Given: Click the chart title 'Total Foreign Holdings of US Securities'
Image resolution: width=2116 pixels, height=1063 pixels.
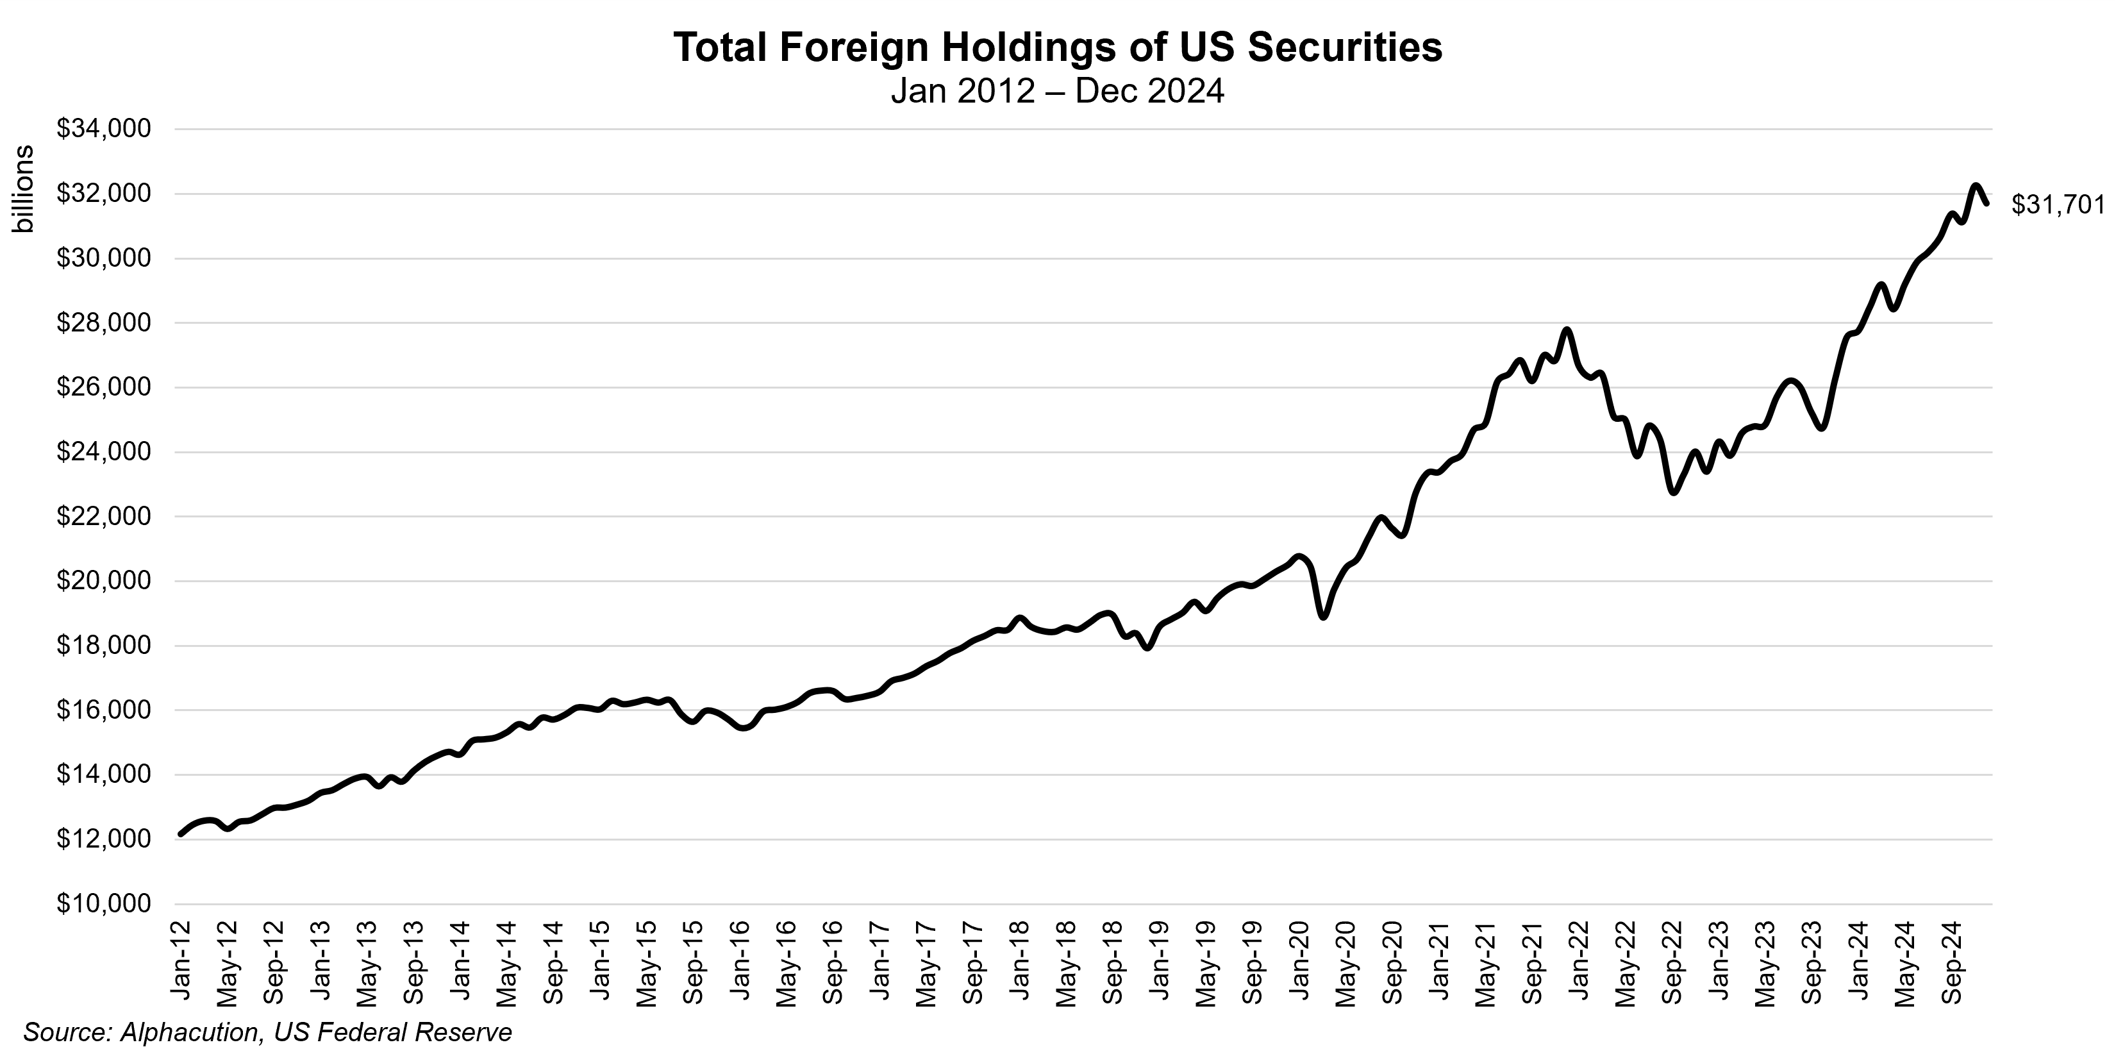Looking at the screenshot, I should [x=1058, y=47].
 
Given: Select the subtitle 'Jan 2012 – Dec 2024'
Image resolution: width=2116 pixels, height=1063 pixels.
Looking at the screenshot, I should [x=1058, y=91].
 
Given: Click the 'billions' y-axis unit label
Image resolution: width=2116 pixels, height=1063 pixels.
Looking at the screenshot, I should [x=24, y=190].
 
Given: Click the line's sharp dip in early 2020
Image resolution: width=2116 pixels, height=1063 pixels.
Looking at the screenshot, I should [x=1323, y=617].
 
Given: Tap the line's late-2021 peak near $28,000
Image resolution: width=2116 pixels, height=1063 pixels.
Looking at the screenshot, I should [x=1567, y=330].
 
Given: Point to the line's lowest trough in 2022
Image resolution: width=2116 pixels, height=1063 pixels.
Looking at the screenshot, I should [x=1672, y=492].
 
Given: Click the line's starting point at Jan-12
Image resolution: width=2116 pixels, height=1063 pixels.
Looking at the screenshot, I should [x=181, y=834].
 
